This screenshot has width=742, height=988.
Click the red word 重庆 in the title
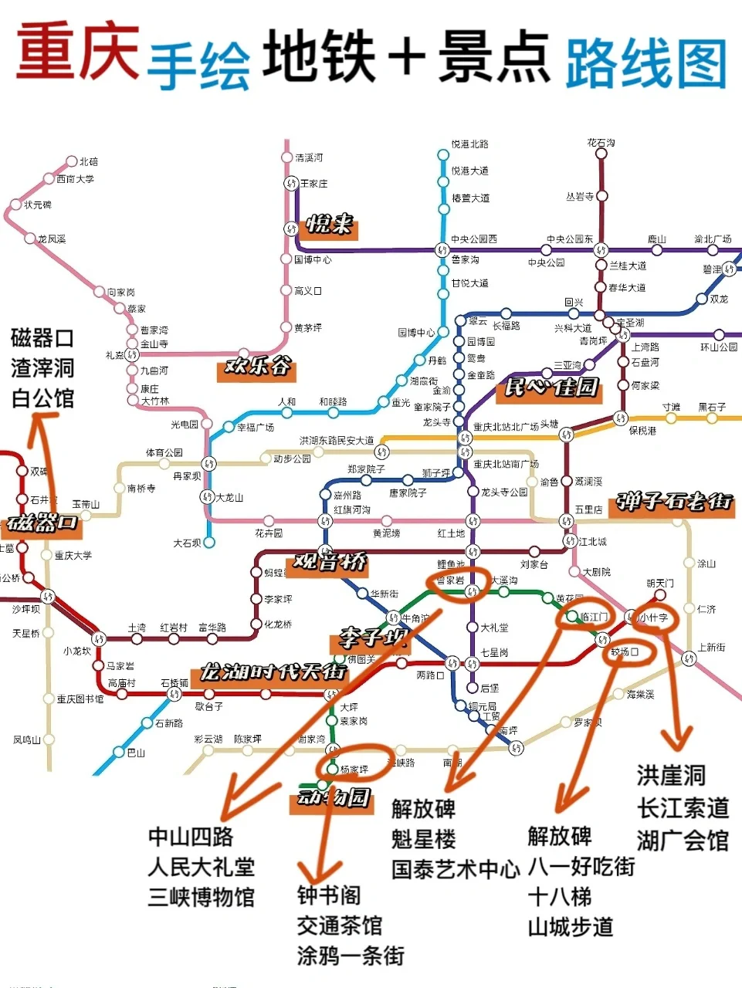coord(77,52)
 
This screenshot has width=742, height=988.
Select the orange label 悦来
coord(330,225)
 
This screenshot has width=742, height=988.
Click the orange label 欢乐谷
coord(257,365)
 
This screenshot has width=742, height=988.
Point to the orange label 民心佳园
coord(551,387)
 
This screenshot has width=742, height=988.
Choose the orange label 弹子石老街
coord(673,502)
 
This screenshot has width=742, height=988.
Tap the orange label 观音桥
coord(330,562)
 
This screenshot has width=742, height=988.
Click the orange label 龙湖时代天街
coord(272,672)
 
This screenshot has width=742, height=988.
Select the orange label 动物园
coord(334,797)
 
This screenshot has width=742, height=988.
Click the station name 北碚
coord(89,161)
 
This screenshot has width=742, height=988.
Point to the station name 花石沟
coord(601,143)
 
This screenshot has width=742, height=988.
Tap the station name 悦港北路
coord(469,144)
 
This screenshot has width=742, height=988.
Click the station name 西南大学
coord(75,179)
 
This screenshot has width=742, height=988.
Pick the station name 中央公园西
coord(474,239)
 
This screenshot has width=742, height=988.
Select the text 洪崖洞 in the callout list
coord(671,775)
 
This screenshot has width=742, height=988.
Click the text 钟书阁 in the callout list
coord(329,895)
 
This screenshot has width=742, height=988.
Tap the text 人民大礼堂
coord(201,867)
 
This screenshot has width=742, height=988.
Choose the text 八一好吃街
coord(581,867)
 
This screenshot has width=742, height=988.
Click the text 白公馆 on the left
coord(42,398)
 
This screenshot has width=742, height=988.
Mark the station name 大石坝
coord(187,543)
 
